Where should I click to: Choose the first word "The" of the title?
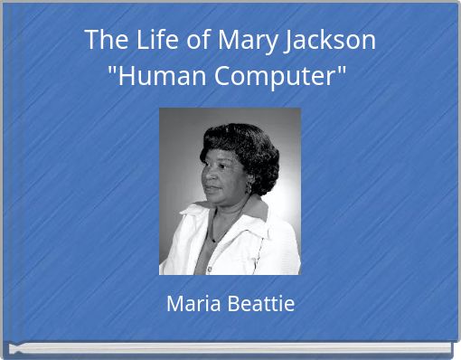click(107, 41)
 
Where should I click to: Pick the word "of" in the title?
click(193, 41)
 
